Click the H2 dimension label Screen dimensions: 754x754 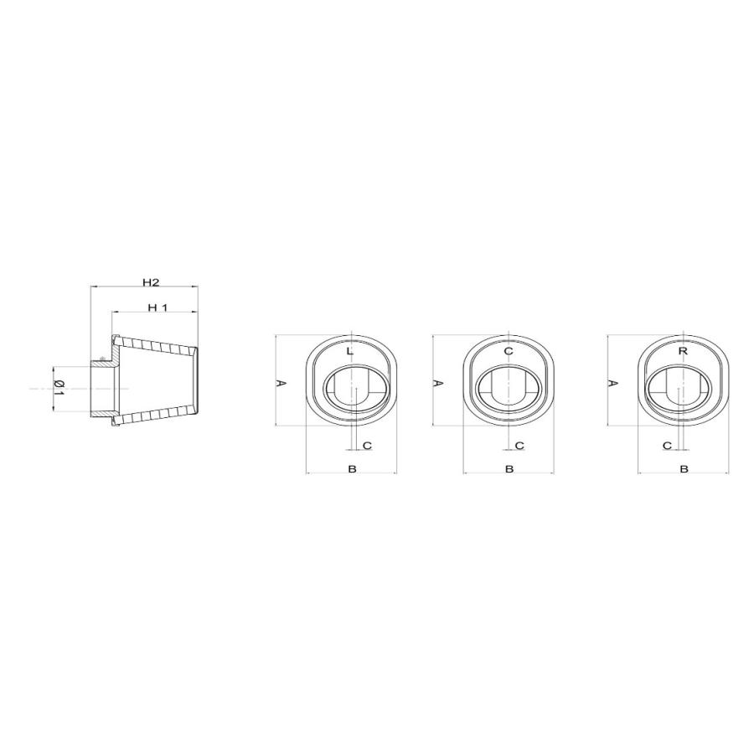tap(151, 282)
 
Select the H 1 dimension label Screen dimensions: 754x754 tap(158, 307)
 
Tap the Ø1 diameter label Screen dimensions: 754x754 tap(59, 388)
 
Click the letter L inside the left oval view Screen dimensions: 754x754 tap(350, 352)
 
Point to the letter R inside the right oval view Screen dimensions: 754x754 tap(683, 351)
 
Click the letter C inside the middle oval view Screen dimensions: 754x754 tap(509, 351)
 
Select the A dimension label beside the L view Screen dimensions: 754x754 tap(281, 383)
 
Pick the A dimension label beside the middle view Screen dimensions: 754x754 tap(438, 383)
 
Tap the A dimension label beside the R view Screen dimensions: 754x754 tap(612, 383)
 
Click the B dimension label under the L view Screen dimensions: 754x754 tap(352, 468)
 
